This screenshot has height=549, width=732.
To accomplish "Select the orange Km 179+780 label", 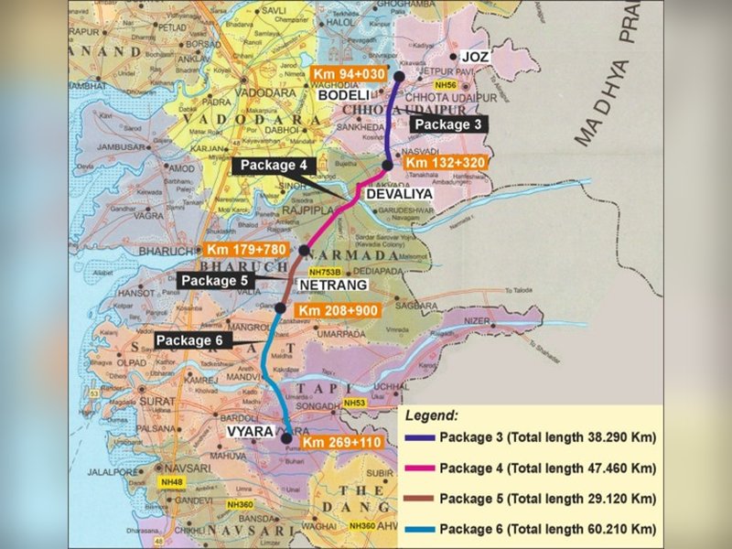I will pyautogui.click(x=247, y=250).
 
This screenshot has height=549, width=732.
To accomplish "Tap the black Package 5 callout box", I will pyautogui.click(x=217, y=280).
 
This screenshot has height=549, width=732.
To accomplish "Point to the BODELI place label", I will pyautogui.click(x=343, y=95).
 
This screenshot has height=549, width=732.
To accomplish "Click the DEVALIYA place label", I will pyautogui.click(x=397, y=194).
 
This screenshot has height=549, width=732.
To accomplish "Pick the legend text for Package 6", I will pyautogui.click(x=548, y=528).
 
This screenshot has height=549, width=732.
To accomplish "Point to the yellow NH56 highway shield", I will pyautogui.click(x=447, y=86).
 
